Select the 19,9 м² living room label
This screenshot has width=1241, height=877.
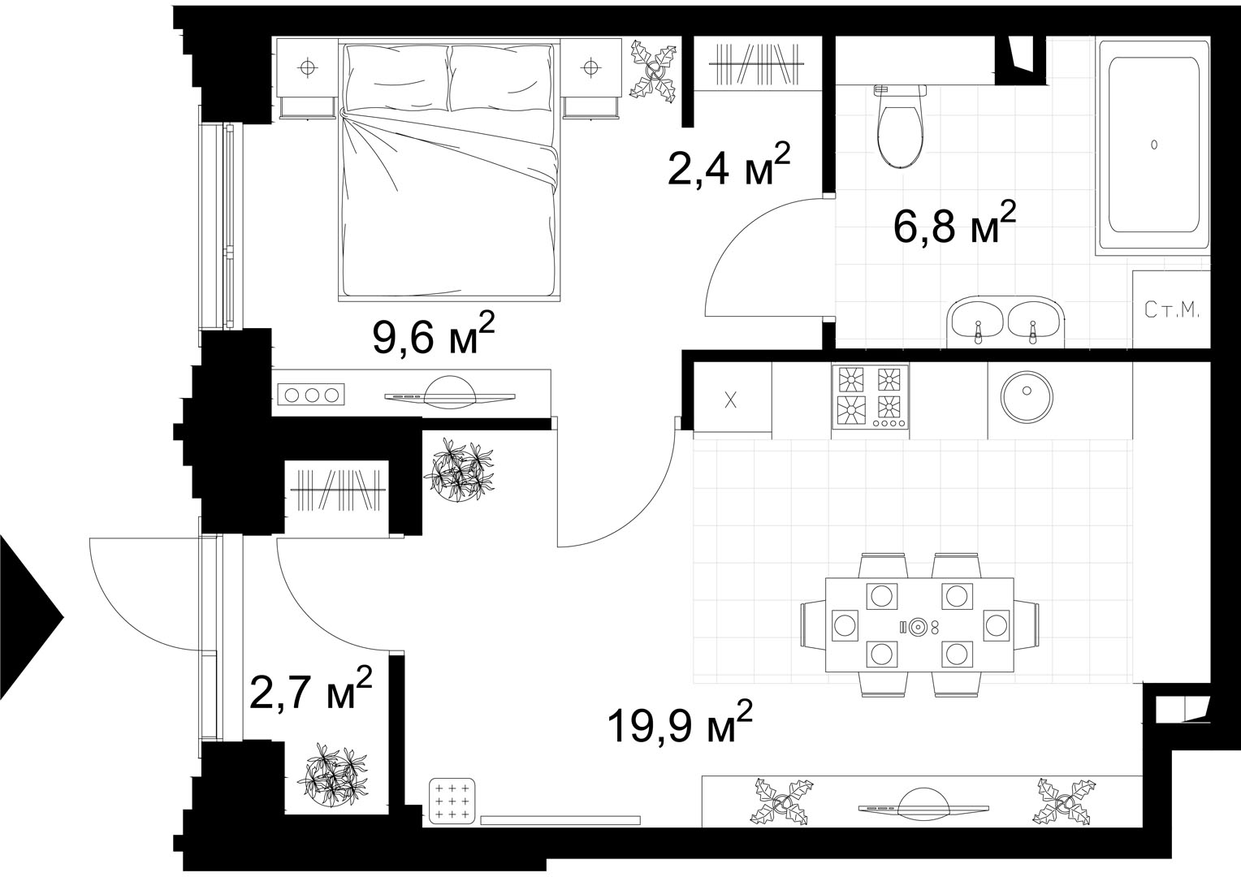[x=681, y=721]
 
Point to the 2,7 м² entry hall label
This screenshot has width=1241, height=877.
[x=310, y=688]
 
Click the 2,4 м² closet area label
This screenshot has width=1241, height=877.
[x=729, y=164]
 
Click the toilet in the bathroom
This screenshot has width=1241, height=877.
[x=900, y=126]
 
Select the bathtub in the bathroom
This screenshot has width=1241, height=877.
[x=1153, y=145]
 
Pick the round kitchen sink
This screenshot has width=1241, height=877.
[x=1027, y=397]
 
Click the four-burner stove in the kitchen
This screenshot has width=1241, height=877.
[x=870, y=396]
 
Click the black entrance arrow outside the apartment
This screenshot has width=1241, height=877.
[x=32, y=617]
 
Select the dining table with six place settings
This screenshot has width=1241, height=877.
[x=919, y=625]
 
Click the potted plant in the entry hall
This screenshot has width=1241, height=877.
[x=333, y=775]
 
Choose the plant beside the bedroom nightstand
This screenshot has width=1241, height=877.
[x=654, y=71]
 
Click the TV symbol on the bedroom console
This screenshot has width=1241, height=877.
[x=450, y=393]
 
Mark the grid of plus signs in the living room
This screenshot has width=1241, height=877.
[x=452, y=801]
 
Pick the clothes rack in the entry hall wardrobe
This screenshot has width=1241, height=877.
[x=339, y=490]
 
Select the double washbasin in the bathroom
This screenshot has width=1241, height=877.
[x=1006, y=322]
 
